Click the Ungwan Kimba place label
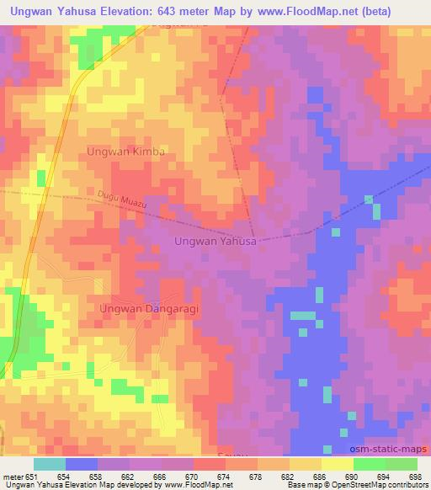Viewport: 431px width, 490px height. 125,152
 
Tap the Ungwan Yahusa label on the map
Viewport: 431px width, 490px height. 215,241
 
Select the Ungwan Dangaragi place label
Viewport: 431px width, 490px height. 139,309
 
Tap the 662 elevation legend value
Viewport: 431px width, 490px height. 127,477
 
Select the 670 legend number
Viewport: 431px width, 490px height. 191,477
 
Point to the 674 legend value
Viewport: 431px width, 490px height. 223,477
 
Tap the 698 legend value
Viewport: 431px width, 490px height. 415,477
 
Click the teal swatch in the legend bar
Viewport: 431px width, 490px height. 50,464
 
